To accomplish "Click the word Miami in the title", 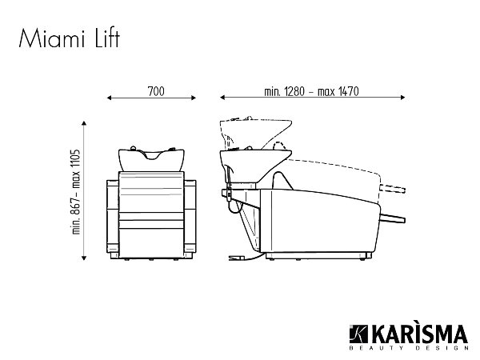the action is point(52,38).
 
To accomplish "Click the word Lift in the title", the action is point(107,38).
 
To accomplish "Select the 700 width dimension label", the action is point(156,91).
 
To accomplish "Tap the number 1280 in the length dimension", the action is point(294,91).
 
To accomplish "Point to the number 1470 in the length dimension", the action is point(348,91).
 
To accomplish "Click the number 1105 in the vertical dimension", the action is point(76,162).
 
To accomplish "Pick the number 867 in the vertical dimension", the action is point(76,207).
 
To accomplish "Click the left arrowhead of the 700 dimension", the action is point(110,98).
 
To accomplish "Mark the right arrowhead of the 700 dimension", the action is point(194,98).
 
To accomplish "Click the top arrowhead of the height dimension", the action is point(84,123).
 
